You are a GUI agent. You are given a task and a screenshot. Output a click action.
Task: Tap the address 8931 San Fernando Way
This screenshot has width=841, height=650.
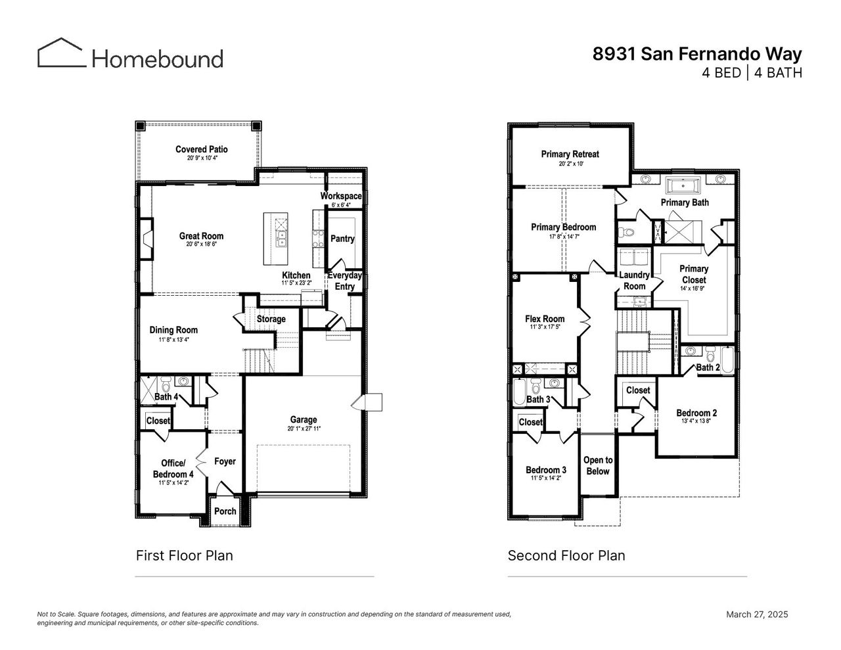click(x=697, y=53)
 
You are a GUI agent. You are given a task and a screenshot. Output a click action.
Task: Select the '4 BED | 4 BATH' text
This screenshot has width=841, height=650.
click(x=752, y=73)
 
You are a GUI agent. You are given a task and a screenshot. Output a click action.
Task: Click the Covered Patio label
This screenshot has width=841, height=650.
click(x=202, y=149)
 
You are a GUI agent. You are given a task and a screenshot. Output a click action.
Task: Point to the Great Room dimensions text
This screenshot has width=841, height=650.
click(x=201, y=244)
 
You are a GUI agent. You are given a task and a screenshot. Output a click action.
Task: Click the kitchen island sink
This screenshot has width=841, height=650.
click(x=281, y=238)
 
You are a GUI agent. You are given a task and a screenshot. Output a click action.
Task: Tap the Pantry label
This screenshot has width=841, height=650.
click(x=342, y=239)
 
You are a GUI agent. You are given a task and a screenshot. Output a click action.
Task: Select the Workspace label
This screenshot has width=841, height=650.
click(x=341, y=196)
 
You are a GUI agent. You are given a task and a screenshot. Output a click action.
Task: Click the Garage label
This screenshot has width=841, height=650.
click(x=304, y=419)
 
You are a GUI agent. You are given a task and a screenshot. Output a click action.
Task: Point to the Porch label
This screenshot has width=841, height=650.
click(x=225, y=511)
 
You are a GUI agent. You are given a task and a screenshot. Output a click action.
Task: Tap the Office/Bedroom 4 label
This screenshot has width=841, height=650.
click(x=173, y=469)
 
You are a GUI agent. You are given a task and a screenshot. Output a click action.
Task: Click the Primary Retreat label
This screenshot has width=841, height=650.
click(x=570, y=154)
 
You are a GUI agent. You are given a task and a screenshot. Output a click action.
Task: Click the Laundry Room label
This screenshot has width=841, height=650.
click(x=634, y=281)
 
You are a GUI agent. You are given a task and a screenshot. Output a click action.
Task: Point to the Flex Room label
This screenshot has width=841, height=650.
click(x=545, y=319)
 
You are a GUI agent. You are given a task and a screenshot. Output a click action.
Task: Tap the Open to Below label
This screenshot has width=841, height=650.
click(x=597, y=465)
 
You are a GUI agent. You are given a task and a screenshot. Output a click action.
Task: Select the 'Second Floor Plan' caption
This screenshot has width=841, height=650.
click(x=566, y=555)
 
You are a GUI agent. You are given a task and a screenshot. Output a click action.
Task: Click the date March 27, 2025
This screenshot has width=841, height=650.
click(x=756, y=615)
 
